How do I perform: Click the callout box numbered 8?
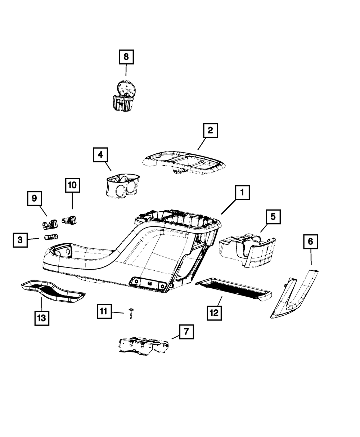point(126,57)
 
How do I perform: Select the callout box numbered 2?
point(210,131)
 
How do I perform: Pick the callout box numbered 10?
point(72,185)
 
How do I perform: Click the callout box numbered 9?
point(34,198)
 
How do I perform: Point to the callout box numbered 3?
point(20,240)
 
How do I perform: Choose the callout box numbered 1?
point(242,193)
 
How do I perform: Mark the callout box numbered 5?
point(273,217)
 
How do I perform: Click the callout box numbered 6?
point(310,242)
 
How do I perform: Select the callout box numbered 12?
point(214,313)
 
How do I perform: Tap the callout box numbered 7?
point(186,332)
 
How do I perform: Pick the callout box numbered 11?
point(104,311)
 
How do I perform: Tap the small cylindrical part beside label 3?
point(51,236)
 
